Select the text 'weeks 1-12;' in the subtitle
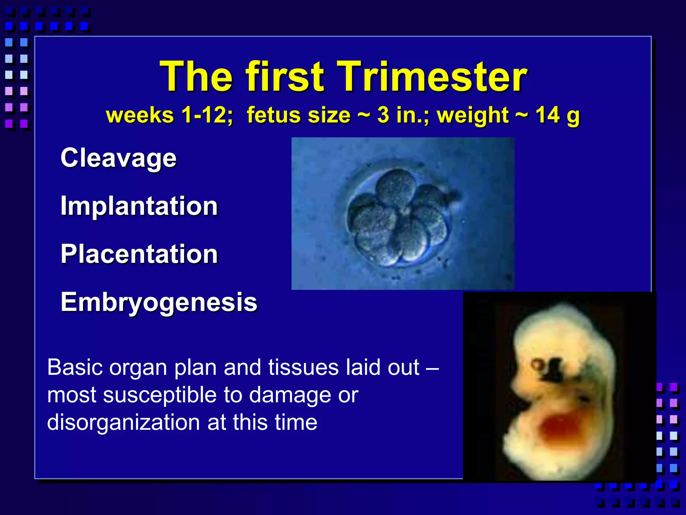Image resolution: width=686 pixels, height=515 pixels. (169, 115)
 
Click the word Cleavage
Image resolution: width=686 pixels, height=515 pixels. (118, 158)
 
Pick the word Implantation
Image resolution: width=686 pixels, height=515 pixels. (139, 206)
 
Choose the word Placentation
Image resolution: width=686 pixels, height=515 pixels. (139, 254)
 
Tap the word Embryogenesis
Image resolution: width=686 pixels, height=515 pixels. (159, 302)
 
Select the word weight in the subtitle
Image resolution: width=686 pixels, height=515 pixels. (473, 115)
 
